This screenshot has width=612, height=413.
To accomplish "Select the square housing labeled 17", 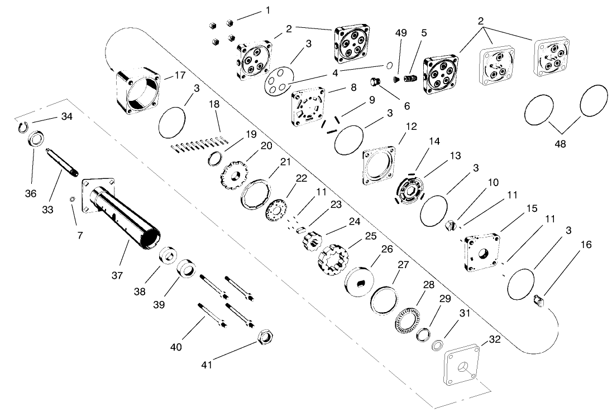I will [137, 91].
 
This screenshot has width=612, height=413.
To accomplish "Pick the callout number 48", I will [560, 144].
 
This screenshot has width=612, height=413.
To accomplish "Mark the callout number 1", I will [267, 11].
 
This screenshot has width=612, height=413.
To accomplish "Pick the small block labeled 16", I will [539, 302].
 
